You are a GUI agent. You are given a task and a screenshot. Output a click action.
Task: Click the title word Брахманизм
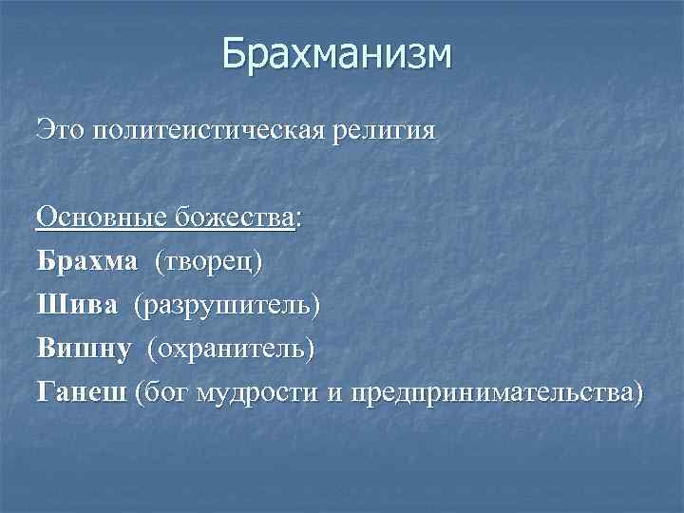click(x=337, y=55)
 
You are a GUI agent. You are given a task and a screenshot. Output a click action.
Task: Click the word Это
click(x=60, y=130)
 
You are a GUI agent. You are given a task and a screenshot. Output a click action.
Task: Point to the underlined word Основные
click(x=101, y=218)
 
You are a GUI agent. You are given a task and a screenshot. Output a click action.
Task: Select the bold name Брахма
click(x=87, y=261)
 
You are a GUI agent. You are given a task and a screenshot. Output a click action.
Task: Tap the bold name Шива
click(x=78, y=305)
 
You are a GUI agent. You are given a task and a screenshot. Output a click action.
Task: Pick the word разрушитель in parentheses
click(x=227, y=306)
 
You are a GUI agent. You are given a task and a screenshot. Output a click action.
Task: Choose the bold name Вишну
click(x=85, y=349)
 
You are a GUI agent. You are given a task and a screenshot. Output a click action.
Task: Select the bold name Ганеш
click(x=82, y=392)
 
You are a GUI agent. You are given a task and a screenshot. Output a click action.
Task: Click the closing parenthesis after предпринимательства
click(x=636, y=393)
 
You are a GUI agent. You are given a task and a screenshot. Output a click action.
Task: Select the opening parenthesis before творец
click(x=161, y=262)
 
